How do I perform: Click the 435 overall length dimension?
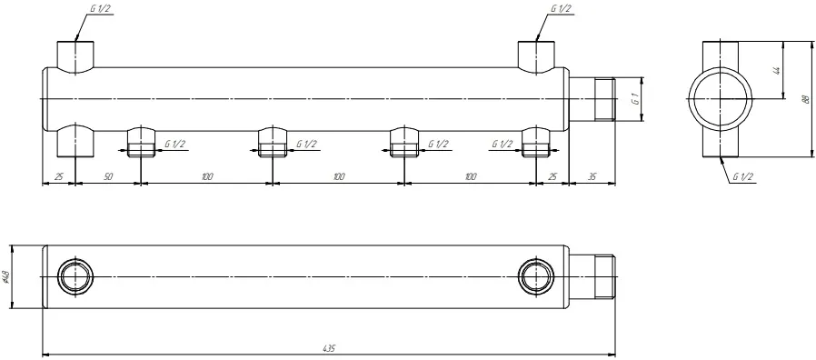click(x=330, y=347)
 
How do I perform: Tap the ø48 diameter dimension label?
click(x=6, y=276)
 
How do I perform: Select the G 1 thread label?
click(x=634, y=99)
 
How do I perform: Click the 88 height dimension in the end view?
click(x=804, y=99)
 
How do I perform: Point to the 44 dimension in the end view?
click(x=777, y=70)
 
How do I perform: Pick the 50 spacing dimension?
click(x=108, y=177)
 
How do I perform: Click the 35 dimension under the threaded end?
click(x=592, y=177)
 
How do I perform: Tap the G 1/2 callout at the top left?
click(x=98, y=9)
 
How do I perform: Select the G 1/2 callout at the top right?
click(x=561, y=9)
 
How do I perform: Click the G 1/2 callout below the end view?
click(x=743, y=177)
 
